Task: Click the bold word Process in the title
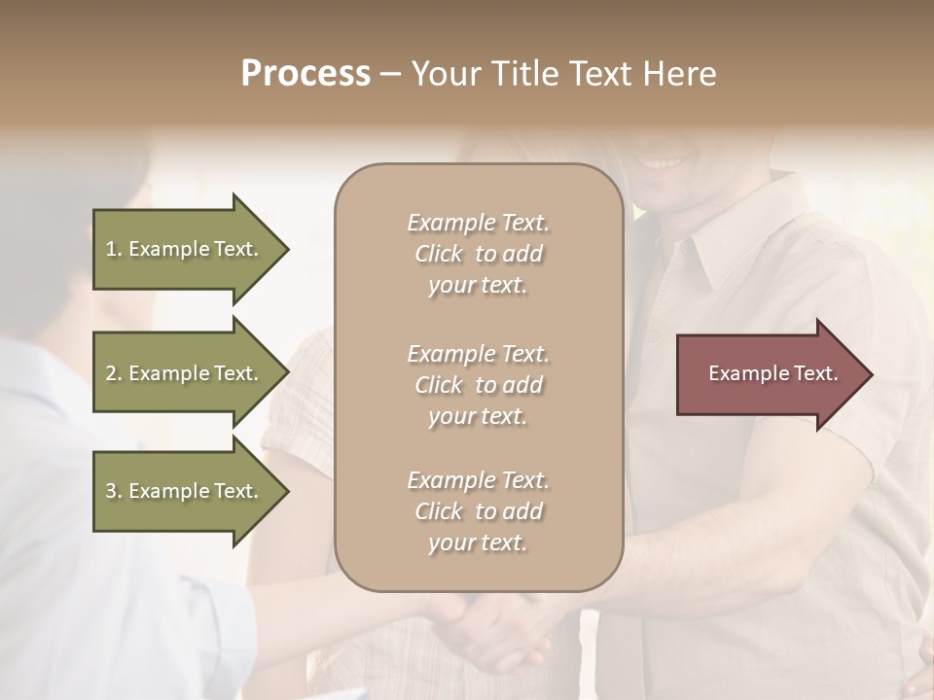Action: pyautogui.click(x=305, y=74)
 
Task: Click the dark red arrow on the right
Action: pyautogui.click(x=769, y=374)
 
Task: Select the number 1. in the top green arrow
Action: pyautogui.click(x=114, y=249)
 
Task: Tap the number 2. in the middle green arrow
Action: pyautogui.click(x=114, y=373)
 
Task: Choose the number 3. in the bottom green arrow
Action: pyautogui.click(x=114, y=491)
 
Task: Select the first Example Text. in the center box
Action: pyautogui.click(x=478, y=223)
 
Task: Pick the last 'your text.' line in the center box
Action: pyautogui.click(x=478, y=542)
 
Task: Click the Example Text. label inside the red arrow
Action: pyautogui.click(x=772, y=373)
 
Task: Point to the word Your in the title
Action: pyautogui.click(x=448, y=74)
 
